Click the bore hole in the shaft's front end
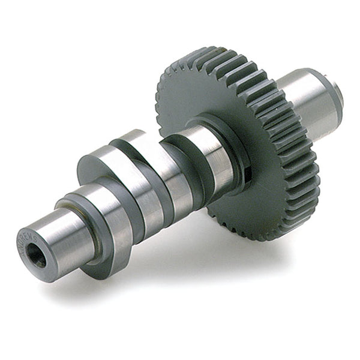[37, 257]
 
